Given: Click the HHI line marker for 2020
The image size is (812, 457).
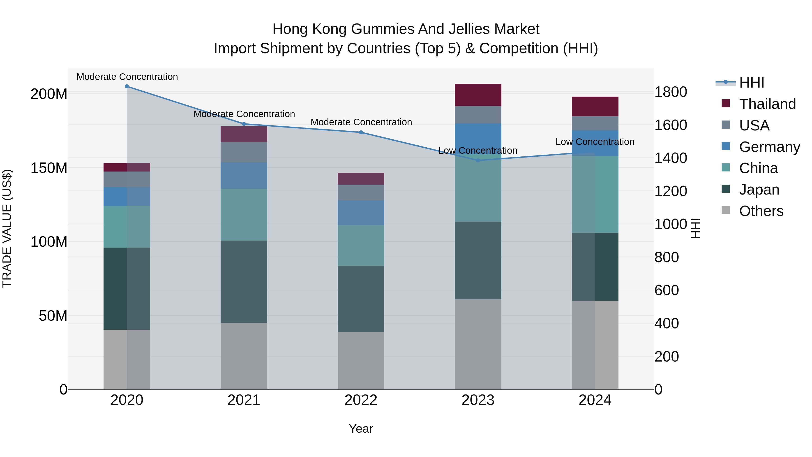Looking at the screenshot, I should (x=127, y=86).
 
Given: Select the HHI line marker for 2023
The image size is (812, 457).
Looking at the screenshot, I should (x=478, y=160).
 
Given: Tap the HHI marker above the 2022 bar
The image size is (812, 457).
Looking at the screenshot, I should (x=361, y=132).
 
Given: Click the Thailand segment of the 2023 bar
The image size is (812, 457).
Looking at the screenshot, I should (x=478, y=95).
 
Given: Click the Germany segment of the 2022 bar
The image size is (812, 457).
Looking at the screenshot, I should (x=361, y=213).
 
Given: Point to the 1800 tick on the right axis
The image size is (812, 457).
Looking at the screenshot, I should (x=671, y=92).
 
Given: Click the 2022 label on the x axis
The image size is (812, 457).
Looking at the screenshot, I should (x=361, y=400).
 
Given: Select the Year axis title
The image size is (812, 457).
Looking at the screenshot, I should (x=361, y=429).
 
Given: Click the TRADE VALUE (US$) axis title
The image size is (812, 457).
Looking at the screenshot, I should (x=7, y=228).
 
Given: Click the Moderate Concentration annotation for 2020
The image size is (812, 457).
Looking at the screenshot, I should (x=127, y=77).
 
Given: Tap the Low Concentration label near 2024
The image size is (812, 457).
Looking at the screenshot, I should (x=595, y=142).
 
